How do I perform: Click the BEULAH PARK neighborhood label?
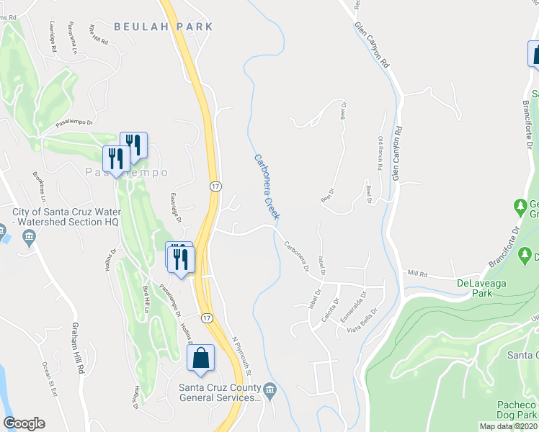click(164, 27)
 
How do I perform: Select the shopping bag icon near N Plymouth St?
click(201, 358)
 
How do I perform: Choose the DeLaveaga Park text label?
click(484, 288)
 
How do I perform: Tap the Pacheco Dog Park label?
click(517, 411)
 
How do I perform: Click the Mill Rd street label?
click(417, 274)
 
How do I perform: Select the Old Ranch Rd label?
click(380, 152)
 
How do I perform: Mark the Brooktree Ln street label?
click(39, 186)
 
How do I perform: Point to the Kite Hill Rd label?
click(99, 34)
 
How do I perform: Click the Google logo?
click(24, 423)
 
